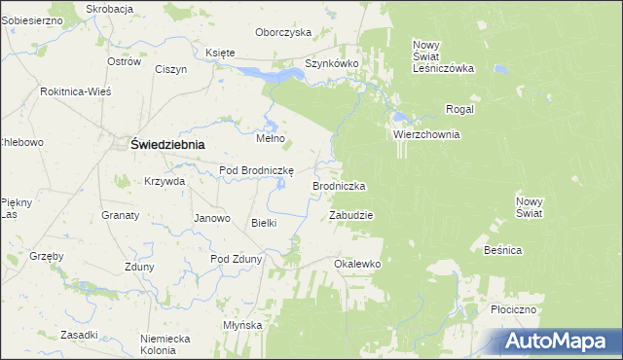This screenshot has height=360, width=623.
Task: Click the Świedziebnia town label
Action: click(x=167, y=144)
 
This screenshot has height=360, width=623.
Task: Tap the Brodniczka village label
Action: click(x=339, y=185)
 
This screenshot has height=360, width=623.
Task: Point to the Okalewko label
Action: click(x=356, y=264)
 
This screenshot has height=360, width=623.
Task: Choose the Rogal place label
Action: click(x=459, y=109)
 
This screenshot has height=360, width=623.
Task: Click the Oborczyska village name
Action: click(x=282, y=32)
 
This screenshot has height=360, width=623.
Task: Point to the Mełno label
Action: click(x=270, y=138)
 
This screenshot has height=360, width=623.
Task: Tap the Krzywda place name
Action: click(x=165, y=181)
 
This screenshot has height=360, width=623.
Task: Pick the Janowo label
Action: click(x=212, y=218)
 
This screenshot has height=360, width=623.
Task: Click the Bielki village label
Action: click(x=265, y=223)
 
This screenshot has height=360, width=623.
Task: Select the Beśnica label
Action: click(x=502, y=250)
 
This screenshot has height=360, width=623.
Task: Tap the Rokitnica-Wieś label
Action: click(x=76, y=90)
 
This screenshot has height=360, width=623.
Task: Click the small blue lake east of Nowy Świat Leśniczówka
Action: click(x=499, y=70)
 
